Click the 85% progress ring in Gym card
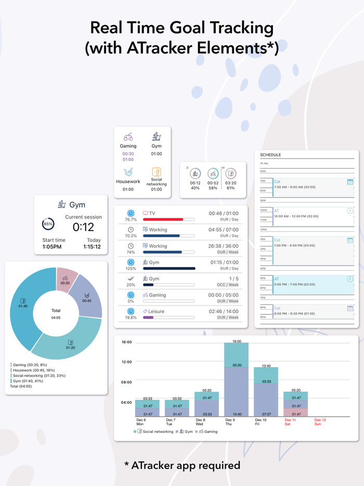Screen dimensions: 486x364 [x=48, y=224]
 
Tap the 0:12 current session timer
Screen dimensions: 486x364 [x=83, y=227]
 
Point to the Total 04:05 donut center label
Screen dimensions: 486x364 [x=56, y=314]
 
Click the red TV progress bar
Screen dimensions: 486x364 [x=163, y=220]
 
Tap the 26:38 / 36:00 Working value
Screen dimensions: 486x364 [x=224, y=246]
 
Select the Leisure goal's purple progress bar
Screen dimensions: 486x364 [x=148, y=317]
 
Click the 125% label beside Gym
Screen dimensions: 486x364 [x=131, y=268]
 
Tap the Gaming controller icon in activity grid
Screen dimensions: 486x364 [x=128, y=137]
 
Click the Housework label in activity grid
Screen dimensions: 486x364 [x=128, y=182]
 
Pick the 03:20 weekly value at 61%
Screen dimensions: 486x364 [x=231, y=183]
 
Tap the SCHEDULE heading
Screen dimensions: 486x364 [x=270, y=155]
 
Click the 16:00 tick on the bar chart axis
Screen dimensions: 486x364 [x=126, y=342]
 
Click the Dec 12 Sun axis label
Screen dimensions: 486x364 [x=320, y=422]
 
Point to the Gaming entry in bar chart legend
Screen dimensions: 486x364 [x=209, y=431]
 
